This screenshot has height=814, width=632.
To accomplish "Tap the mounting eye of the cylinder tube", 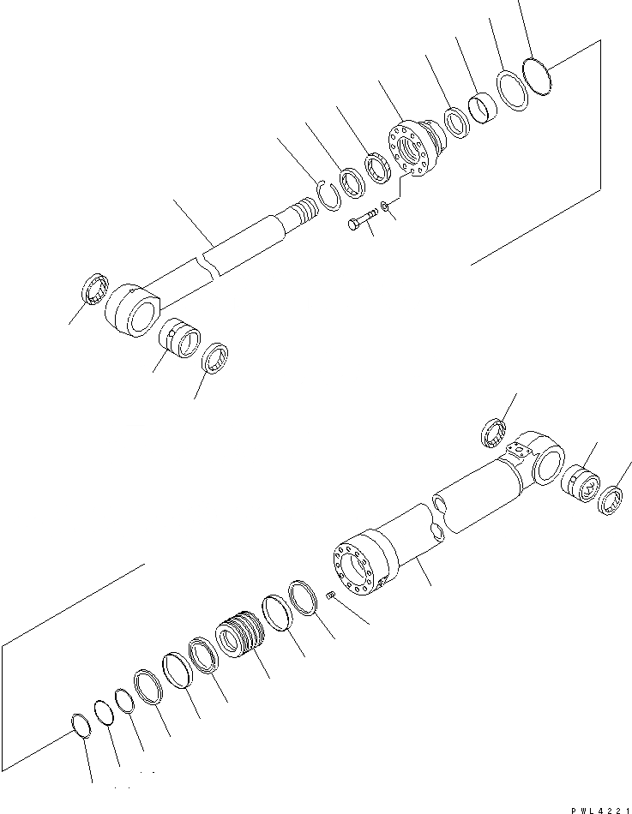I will (540, 463).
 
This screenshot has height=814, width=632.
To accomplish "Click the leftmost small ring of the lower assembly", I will (78, 723).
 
